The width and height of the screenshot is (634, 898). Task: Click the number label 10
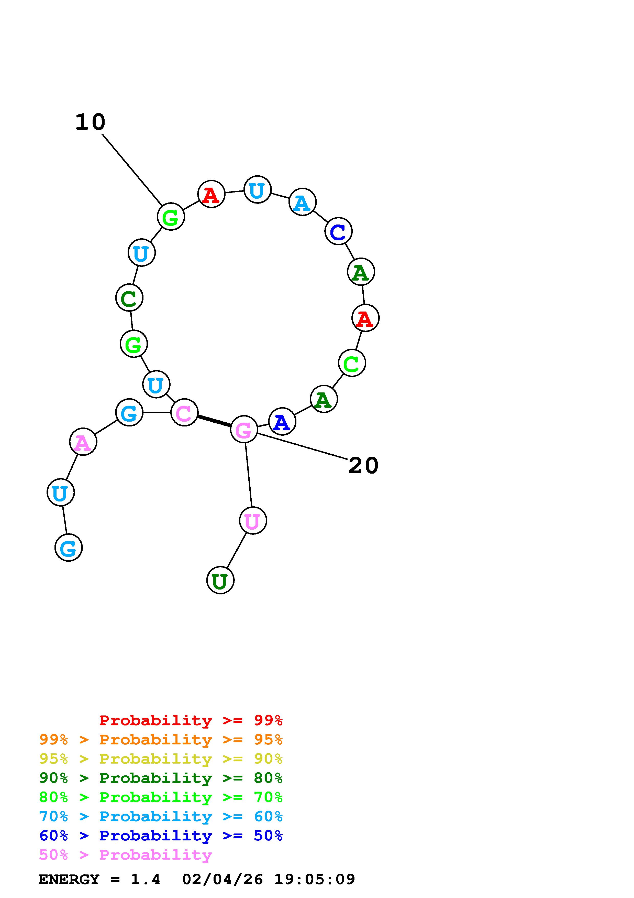[90, 122]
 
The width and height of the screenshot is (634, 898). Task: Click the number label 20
[363, 465]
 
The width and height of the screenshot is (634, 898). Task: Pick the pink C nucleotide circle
[184, 412]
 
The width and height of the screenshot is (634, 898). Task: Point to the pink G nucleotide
[244, 430]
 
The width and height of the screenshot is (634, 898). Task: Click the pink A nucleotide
[83, 442]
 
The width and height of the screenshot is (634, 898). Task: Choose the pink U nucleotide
[253, 521]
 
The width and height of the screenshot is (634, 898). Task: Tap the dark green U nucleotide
[220, 580]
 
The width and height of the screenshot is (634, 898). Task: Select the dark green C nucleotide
[129, 298]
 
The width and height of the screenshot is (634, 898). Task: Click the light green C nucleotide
[352, 363]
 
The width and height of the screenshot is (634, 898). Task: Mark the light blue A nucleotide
[302, 202]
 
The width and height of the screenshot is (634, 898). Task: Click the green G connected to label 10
[171, 217]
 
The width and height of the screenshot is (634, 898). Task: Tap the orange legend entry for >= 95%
[161, 740]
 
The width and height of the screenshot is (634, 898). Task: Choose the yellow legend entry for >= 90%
[161, 759]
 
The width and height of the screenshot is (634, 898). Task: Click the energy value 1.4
[145, 879]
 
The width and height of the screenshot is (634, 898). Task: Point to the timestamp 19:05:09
[315, 879]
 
